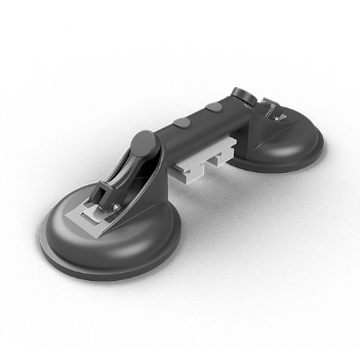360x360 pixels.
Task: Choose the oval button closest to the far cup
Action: pos(213,107)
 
